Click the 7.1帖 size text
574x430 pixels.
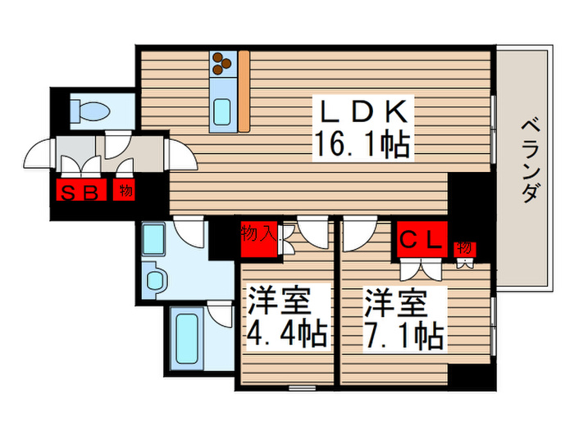pos(403,334)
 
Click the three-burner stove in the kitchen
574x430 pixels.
pos(223,64)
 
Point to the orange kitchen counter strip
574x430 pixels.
pos(244,90)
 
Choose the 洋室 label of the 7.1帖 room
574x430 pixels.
pos(396,302)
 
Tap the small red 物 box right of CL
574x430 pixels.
pos(464,248)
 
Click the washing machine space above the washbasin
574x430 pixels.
pos(156,238)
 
